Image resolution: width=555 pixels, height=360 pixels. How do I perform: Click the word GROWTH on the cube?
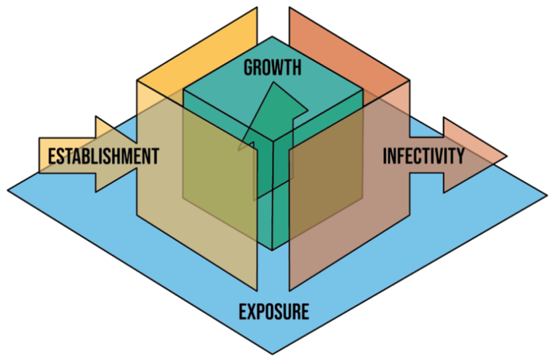pyautogui.click(x=272, y=67)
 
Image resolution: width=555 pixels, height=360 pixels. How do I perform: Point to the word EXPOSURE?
pyautogui.click(x=274, y=311)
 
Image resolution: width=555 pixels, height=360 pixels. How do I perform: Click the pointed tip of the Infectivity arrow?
pyautogui.click(x=505, y=157)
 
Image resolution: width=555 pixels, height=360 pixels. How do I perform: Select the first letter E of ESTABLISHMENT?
pyautogui.click(x=52, y=157)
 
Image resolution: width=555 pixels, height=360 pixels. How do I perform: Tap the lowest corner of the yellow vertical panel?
pyautogui.click(x=256, y=290)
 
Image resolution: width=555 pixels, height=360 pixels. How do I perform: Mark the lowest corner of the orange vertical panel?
pyautogui.click(x=289, y=290)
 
